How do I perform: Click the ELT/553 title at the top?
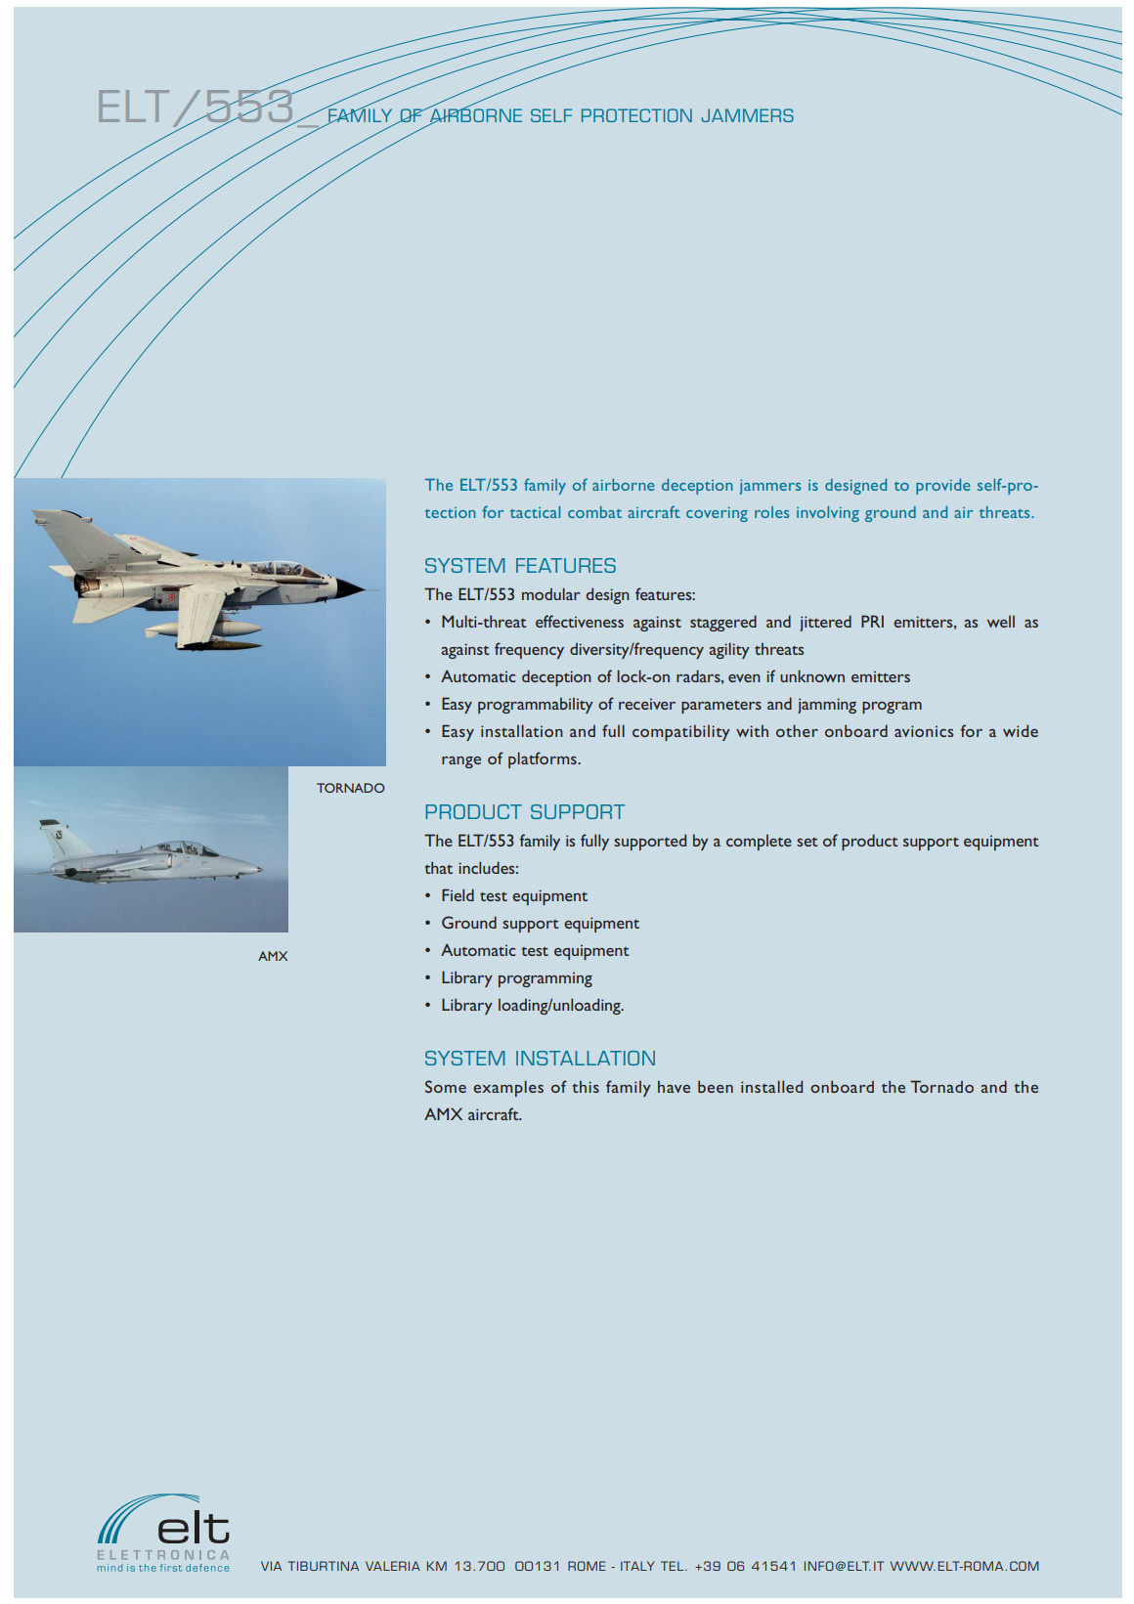coord(196,107)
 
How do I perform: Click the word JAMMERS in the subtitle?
coord(747,116)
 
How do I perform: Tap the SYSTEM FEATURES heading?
coord(520,566)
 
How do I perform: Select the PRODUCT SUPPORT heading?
coord(524,812)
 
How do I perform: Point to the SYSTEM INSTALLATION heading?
coord(540,1059)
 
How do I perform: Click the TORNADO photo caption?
coord(350,788)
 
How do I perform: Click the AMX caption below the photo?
coord(273,956)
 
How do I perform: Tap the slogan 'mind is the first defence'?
coord(163,1568)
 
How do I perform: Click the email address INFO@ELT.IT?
coord(843,1566)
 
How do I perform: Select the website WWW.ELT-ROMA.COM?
coord(964,1566)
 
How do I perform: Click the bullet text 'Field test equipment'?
coord(514,895)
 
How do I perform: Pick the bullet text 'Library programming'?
coord(516,977)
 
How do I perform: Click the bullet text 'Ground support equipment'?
coord(540,923)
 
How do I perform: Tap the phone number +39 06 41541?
coord(745,1566)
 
